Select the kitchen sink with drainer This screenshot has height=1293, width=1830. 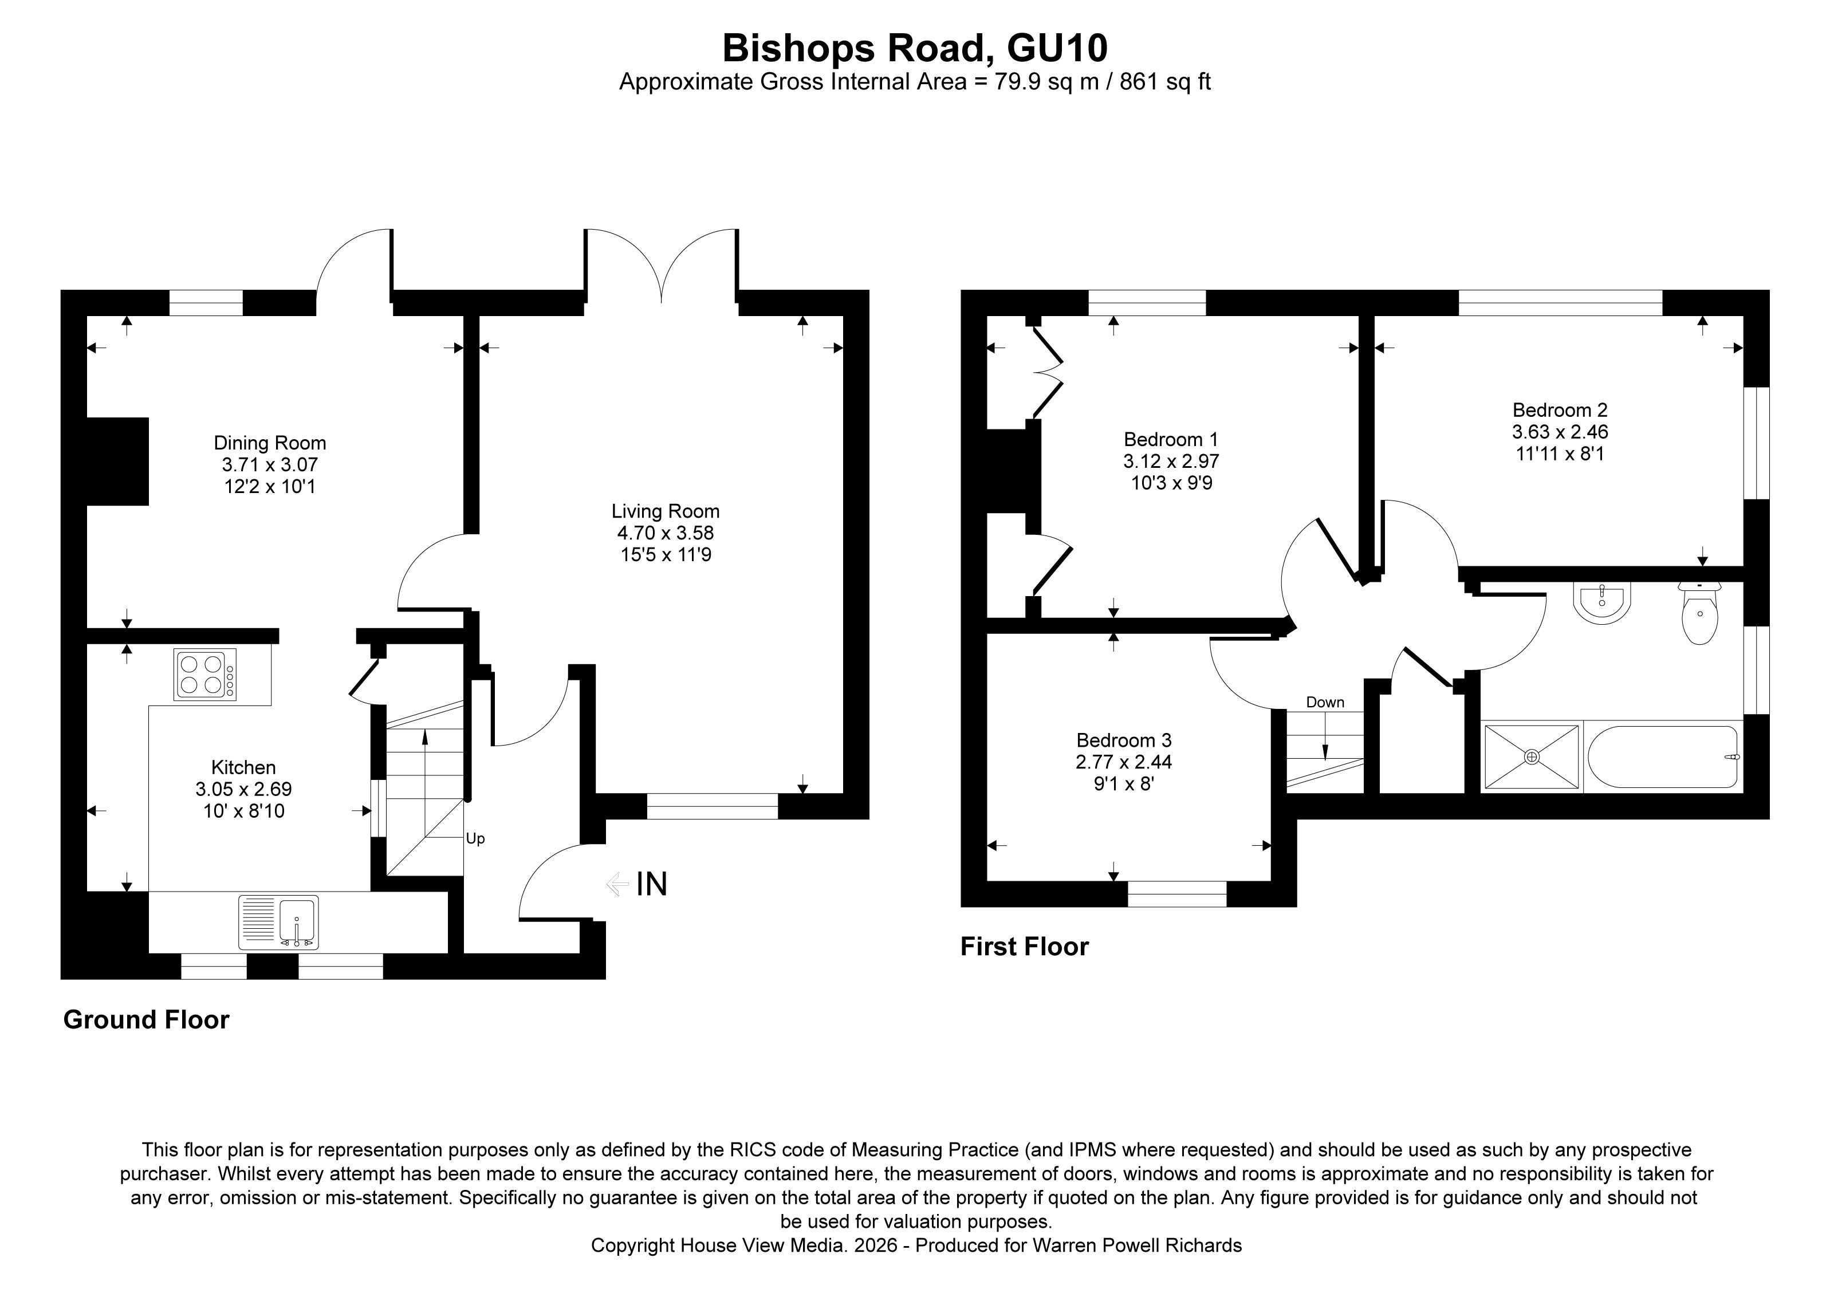(278, 922)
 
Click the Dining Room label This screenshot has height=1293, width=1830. (269, 443)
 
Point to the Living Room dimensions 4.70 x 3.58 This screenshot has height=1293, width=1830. (665, 533)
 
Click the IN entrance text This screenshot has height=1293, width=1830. (651, 884)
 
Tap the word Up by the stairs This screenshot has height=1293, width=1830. (475, 839)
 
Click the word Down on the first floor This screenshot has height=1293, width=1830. (1325, 702)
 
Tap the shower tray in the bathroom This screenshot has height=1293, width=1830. (1530, 757)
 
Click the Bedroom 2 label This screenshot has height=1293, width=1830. (1559, 410)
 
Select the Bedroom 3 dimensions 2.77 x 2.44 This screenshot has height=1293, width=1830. (1123, 762)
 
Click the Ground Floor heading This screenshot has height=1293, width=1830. (146, 1020)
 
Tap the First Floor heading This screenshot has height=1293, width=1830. (1024, 947)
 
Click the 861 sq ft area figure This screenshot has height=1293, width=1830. (1165, 82)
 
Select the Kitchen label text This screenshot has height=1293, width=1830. (243, 767)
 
